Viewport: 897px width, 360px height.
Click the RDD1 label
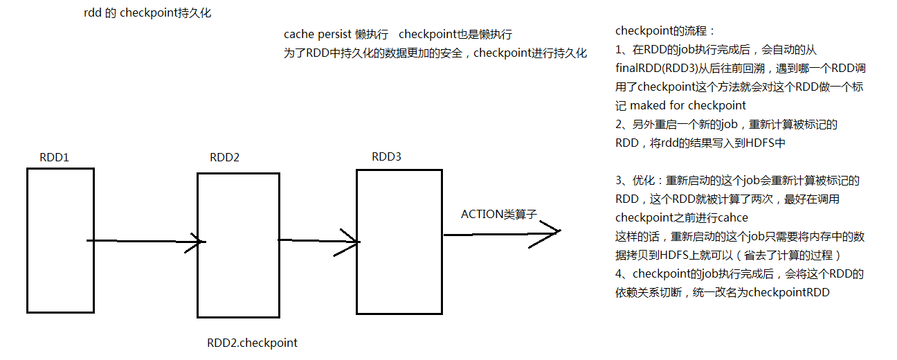tap(55, 158)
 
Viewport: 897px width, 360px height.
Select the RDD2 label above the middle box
tap(224, 157)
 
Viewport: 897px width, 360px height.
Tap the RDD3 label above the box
tap(386, 156)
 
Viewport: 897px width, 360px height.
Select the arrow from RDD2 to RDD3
tap(319, 240)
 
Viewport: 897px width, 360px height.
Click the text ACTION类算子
tap(499, 215)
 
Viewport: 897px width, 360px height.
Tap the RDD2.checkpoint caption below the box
tap(252, 343)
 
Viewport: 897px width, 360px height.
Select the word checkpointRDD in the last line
tap(791, 292)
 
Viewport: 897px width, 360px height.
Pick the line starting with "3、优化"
tap(737, 181)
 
